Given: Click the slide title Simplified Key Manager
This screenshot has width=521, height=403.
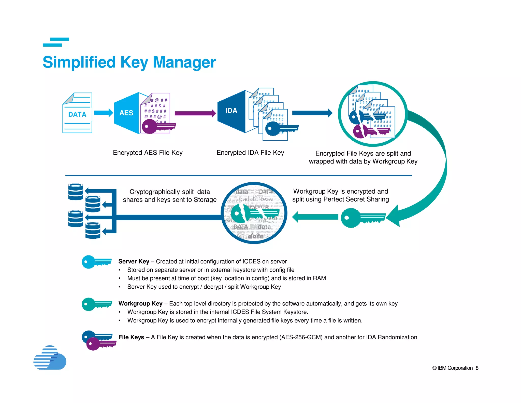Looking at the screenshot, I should (129, 62).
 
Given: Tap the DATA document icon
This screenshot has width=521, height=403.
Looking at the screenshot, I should (77, 113).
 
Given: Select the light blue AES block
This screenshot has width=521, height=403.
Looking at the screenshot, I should (126, 113).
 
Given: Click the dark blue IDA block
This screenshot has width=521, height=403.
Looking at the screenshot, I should (231, 111).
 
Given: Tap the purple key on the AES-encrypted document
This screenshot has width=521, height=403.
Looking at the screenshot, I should (158, 126).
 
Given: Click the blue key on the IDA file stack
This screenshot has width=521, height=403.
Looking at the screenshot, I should (280, 128).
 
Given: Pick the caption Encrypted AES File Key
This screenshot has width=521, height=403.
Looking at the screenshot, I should (148, 153).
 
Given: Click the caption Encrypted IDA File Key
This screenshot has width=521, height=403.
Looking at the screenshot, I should (250, 153).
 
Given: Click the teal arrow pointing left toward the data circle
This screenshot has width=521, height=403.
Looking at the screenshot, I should (315, 217).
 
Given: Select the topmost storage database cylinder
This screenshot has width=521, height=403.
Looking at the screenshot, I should (76, 192).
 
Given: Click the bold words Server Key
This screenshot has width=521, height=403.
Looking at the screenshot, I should (134, 261).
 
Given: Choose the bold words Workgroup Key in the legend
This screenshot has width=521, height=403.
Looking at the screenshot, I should (140, 303).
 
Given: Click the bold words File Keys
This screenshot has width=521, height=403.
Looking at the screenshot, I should (131, 337).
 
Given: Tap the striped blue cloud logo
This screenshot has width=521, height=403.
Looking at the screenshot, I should (50, 358).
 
